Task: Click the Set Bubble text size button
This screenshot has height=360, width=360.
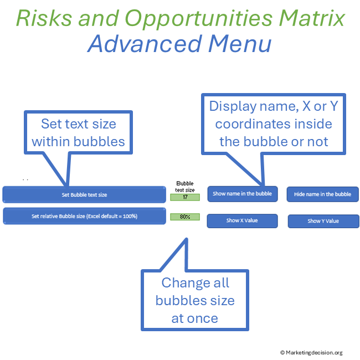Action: click(84, 194)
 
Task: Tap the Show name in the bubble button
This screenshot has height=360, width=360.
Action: click(242, 194)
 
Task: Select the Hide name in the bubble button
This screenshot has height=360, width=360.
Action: click(322, 194)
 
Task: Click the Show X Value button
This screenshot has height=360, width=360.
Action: click(242, 220)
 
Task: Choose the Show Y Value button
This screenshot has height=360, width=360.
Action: click(323, 221)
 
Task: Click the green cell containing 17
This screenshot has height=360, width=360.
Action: click(184, 197)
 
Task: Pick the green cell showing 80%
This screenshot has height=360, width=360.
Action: click(184, 217)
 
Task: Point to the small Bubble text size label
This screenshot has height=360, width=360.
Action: click(184, 186)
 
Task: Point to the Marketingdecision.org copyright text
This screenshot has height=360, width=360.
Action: click(311, 352)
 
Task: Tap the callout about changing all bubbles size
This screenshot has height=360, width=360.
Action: click(194, 300)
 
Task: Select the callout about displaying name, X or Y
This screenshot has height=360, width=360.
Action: click(273, 124)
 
